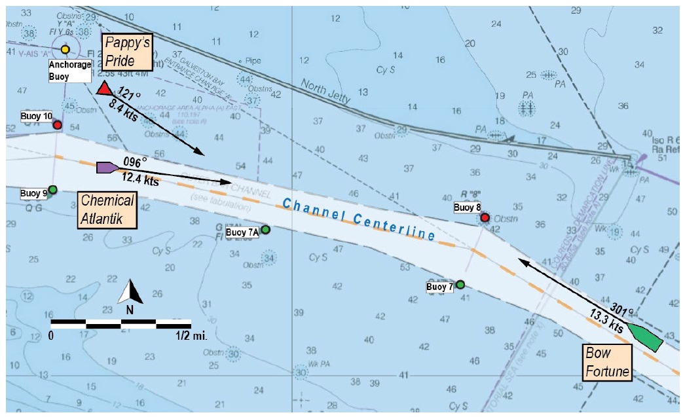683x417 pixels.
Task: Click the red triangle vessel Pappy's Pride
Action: coord(104,90)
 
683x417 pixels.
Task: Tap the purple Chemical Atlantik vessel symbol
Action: coord(107,168)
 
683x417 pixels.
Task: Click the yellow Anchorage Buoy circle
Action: coord(65,49)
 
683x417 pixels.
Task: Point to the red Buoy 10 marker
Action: coord(58,124)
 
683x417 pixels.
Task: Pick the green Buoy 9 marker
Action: coord(53,190)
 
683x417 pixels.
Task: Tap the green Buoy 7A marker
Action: coord(265,230)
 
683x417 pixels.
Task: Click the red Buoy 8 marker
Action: coord(485,217)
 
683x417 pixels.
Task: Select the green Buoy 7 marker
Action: coord(460,285)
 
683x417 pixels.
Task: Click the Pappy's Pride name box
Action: coord(127,52)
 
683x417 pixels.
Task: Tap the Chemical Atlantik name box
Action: coord(107,209)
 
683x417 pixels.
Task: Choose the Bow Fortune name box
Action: coord(607,363)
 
